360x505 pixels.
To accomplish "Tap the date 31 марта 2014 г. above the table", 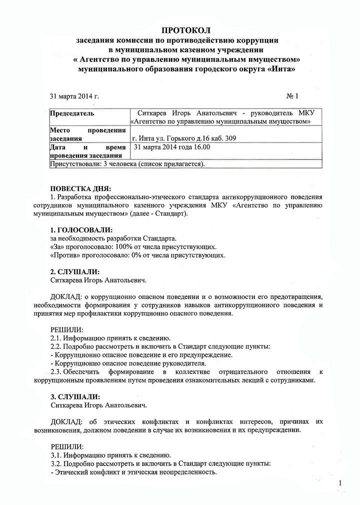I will click(74, 95).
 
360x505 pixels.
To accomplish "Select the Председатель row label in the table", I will click(72, 113).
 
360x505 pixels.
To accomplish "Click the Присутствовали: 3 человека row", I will click(128, 163).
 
